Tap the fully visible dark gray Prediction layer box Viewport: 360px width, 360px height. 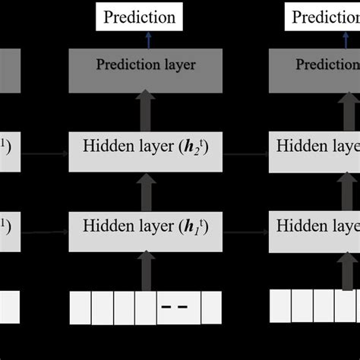[x=145, y=65]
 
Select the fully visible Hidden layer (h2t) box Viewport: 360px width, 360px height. [x=145, y=151]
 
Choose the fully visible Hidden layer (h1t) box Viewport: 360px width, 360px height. [x=145, y=226]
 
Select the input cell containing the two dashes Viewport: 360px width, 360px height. [x=178, y=308]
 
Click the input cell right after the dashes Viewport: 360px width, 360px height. [x=210, y=308]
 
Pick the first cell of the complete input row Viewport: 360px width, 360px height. [x=80, y=308]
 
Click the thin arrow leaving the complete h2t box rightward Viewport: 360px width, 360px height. [x=245, y=152]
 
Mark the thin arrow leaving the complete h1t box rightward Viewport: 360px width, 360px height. [x=245, y=226]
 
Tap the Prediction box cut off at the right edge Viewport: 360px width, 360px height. [x=322, y=17]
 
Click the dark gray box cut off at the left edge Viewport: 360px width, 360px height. [x=9, y=65]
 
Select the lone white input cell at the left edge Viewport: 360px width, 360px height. [x=9, y=308]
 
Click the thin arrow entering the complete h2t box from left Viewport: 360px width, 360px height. [x=46, y=152]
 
